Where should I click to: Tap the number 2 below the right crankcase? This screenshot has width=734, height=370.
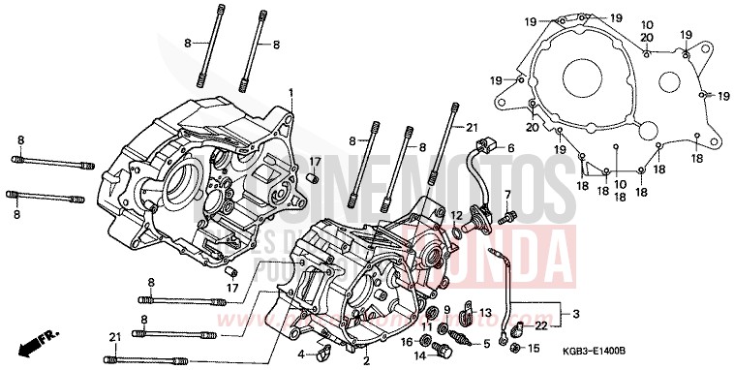pos(366,360)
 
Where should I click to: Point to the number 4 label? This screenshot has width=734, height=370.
pos(301,353)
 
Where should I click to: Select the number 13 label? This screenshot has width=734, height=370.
pos(486,312)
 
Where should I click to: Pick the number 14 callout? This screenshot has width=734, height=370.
pos(421,355)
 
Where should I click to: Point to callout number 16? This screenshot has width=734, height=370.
pos(408,341)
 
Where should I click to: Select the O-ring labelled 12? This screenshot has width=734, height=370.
pos(456,231)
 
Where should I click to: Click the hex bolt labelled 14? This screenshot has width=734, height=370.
pos(443,348)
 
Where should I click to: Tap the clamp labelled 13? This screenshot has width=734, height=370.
pos(462,312)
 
